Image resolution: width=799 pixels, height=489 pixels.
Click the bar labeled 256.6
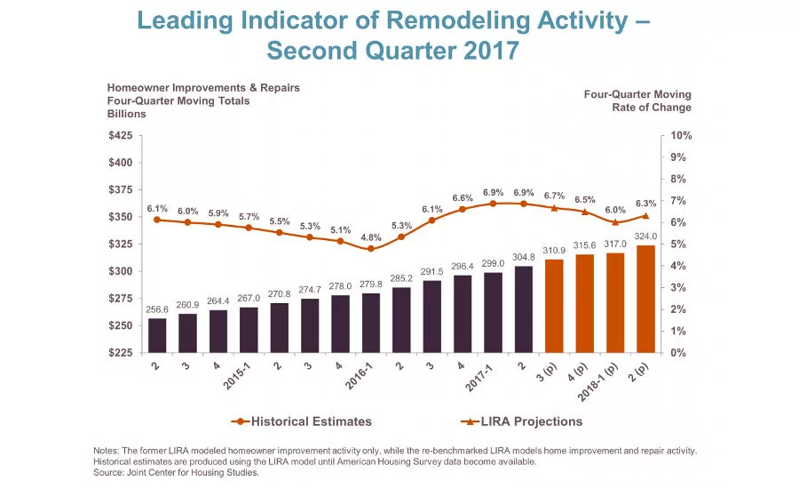pos(156,335)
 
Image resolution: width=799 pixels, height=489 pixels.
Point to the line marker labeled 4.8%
pos(370,249)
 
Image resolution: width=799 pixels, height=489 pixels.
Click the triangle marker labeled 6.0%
pos(615,221)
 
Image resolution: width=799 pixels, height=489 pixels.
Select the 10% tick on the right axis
pos(681,136)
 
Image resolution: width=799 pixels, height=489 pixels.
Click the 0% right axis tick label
pos(677,353)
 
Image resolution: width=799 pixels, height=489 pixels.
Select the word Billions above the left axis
pos(127,114)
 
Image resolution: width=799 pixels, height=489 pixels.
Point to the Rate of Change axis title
pos(652,108)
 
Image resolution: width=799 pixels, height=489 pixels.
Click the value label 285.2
pos(401,277)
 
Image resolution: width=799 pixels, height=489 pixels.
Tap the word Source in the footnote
pos(111,472)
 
